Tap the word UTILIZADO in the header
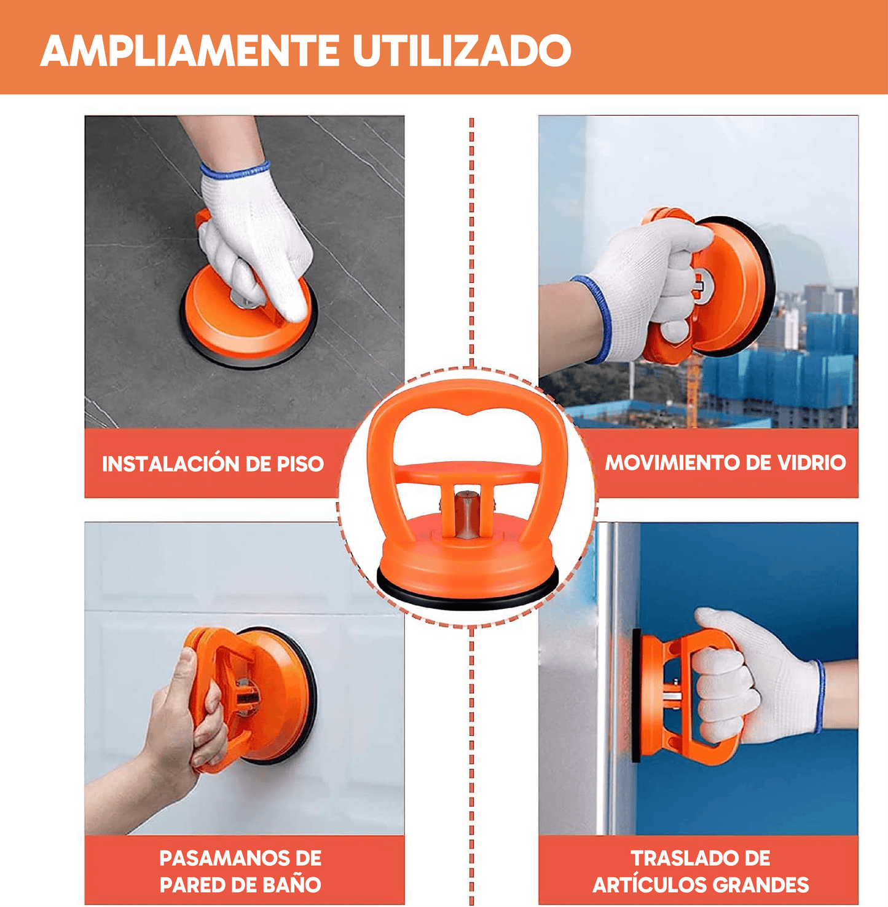click(462, 50)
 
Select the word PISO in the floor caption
click(300, 464)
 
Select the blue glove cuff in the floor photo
click(235, 171)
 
